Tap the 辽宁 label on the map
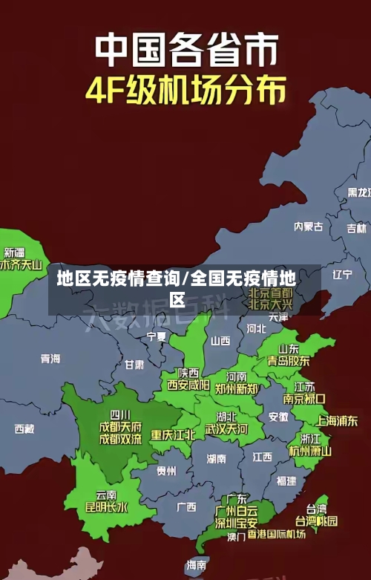[342, 274]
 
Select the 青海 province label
[50, 358]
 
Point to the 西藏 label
[24, 429]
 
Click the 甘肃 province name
[134, 365]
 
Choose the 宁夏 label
[157, 336]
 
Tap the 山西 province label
[220, 341]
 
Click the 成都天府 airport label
[120, 427]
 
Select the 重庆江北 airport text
[173, 434]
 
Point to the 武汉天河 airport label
[226, 429]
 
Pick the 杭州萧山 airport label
[310, 450]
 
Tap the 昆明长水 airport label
[107, 508]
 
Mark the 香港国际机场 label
[277, 534]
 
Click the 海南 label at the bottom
[197, 565]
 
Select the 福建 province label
[286, 480]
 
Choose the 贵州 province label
[166, 470]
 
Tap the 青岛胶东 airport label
[289, 360]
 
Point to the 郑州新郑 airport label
[237, 388]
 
